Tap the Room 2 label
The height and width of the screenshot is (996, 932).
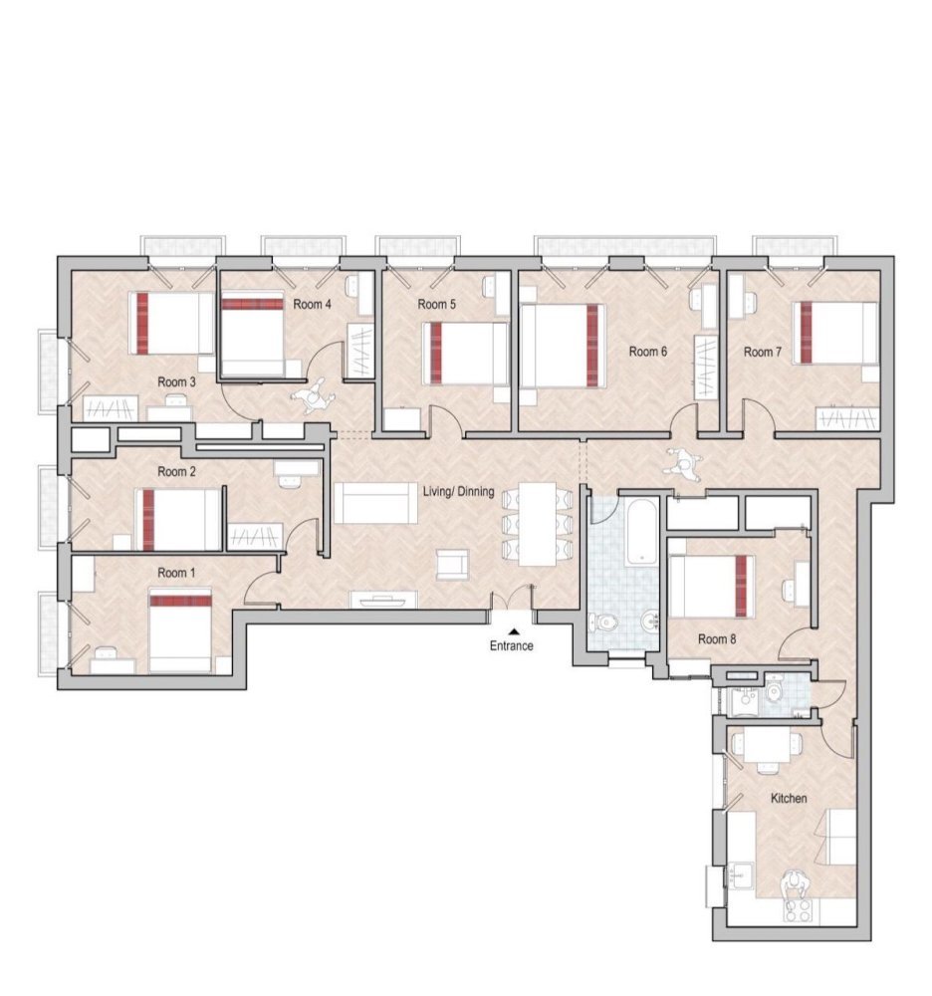pos(177,471)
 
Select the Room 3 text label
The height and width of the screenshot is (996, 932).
pos(177,381)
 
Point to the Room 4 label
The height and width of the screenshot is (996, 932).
pos(313,304)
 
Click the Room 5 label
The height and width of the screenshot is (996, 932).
pos(436,304)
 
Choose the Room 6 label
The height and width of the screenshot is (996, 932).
pos(647,352)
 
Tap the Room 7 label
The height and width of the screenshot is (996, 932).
pos(763,352)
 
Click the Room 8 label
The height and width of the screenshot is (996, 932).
pos(717,638)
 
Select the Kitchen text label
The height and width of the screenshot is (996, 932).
pos(789,798)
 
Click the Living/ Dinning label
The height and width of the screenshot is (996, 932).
pos(459,490)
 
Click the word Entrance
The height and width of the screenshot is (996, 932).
pos(511,645)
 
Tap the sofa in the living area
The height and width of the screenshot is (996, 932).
pos(375,503)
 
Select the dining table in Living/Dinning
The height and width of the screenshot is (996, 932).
pos(538,523)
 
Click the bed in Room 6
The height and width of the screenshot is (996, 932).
pos(564,346)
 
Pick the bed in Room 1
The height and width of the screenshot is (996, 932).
pos(180,630)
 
